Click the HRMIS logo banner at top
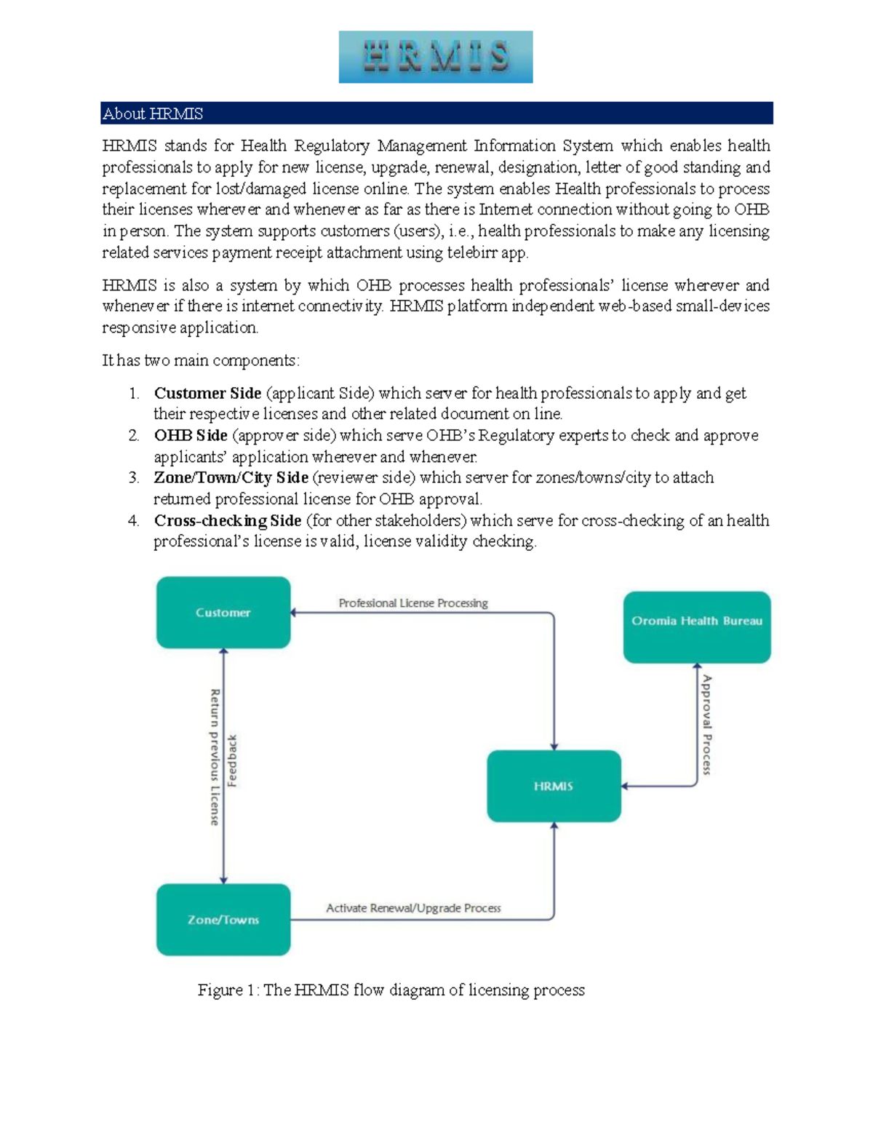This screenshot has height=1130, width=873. (x=435, y=57)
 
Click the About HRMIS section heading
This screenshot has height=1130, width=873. (x=153, y=114)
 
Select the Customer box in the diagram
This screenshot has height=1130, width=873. (x=223, y=613)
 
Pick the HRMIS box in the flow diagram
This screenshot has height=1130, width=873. (x=554, y=787)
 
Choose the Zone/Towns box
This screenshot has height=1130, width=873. (x=223, y=920)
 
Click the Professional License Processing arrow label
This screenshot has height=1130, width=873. (x=413, y=603)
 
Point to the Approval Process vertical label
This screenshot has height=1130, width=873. (x=706, y=725)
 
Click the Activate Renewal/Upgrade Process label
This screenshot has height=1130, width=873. (x=413, y=908)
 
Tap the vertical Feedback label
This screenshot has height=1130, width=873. (x=233, y=761)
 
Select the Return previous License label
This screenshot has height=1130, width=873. (x=215, y=757)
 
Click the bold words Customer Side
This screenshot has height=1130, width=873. (x=207, y=394)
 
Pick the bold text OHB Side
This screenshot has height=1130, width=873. (x=191, y=436)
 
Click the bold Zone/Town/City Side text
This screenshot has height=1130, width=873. (x=231, y=478)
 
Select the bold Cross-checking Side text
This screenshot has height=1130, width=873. (x=227, y=521)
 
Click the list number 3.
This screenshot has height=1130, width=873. (x=133, y=478)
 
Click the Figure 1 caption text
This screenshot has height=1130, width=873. (x=391, y=990)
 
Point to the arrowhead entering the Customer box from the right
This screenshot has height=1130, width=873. (x=293, y=613)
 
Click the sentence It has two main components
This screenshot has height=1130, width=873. (x=200, y=361)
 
